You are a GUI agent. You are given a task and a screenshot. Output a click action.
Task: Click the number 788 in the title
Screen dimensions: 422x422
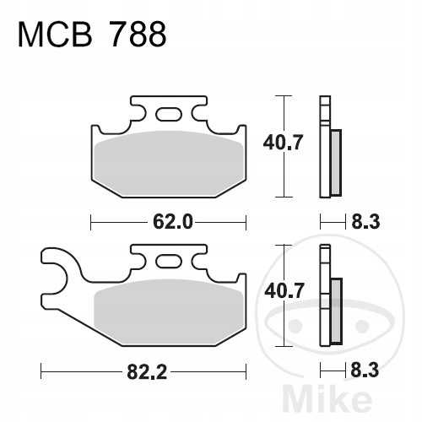pyautogui.click(x=138, y=35)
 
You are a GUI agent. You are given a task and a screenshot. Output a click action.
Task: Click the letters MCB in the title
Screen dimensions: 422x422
pyautogui.click(x=55, y=35)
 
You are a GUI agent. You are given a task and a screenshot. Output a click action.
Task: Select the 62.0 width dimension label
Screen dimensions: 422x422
pyautogui.click(x=173, y=222)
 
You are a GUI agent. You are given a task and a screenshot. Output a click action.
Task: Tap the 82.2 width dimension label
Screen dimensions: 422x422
pyautogui.click(x=147, y=371)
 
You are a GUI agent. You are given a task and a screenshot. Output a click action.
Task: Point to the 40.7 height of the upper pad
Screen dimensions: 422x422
pyautogui.click(x=283, y=143)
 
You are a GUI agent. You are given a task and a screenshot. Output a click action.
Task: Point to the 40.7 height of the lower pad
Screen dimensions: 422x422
pyautogui.click(x=284, y=291)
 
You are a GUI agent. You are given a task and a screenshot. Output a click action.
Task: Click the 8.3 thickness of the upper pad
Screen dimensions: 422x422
pyautogui.click(x=365, y=222)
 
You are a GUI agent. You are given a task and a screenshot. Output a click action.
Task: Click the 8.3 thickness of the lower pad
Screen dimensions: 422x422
pyautogui.click(x=365, y=371)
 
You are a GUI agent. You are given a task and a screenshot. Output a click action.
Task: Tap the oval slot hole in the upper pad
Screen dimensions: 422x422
pyautogui.click(x=169, y=114)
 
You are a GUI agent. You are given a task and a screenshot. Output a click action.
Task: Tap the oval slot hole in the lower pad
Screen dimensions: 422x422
pyautogui.click(x=169, y=261)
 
